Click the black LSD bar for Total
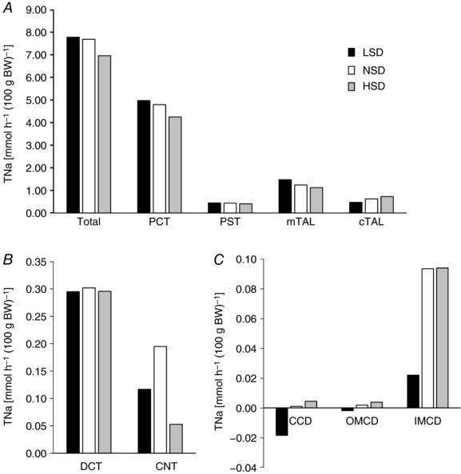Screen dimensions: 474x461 (74, 125)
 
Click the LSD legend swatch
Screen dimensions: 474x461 (352, 53)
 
